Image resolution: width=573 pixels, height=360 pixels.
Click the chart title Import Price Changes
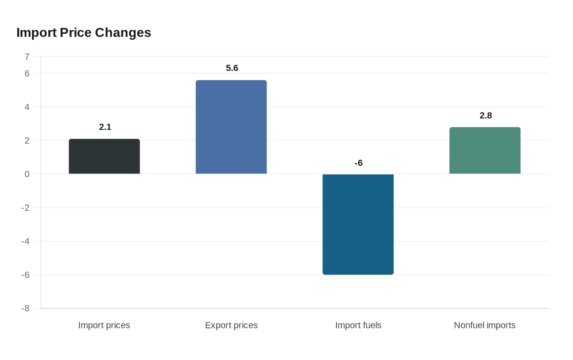(83, 32)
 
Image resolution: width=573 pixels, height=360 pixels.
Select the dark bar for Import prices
(104, 157)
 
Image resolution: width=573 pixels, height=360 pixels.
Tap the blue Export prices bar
(231, 127)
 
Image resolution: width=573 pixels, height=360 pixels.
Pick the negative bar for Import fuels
(358, 224)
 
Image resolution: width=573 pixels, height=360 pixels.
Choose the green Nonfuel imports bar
(485, 151)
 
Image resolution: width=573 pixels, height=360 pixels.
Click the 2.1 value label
(105, 127)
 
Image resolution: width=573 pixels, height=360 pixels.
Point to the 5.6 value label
(232, 68)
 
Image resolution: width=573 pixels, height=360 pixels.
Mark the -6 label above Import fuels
(359, 163)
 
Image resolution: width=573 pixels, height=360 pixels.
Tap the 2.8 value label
(486, 116)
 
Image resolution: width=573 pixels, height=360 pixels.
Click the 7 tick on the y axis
(27, 56)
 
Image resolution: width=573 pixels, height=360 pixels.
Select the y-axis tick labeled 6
(27, 74)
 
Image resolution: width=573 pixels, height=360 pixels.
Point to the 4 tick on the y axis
(27, 107)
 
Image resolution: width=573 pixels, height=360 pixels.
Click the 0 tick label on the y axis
(27, 174)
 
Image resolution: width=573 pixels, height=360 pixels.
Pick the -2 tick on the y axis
(25, 208)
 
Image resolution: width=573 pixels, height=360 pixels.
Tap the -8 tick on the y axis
(25, 308)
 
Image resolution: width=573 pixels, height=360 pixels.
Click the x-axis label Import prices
(104, 325)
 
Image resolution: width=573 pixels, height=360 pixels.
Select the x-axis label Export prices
(231, 325)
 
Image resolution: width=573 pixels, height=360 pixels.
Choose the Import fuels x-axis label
(358, 325)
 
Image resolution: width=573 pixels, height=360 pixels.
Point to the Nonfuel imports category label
(485, 325)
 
